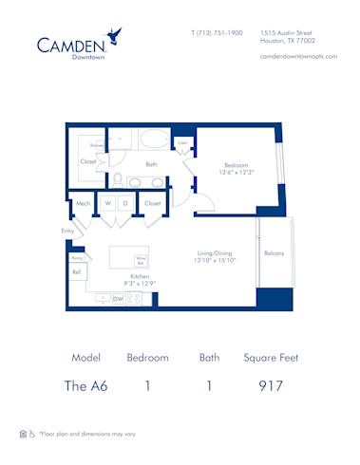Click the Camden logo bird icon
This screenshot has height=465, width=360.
pos(115,37)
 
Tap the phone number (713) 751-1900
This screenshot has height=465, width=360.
pos(217,32)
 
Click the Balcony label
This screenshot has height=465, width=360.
pos(275,253)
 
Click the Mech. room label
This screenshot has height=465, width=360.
pos(83,204)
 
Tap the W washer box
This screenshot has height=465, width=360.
pos(108,203)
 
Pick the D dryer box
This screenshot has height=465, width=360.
pos(126,203)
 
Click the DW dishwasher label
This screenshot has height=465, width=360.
pos(118,299)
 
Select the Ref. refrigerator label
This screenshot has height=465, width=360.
pos(78,272)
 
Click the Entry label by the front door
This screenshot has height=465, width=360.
pos(67,230)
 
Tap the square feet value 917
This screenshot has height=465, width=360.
pos(271,386)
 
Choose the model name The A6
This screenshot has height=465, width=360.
pos(86,386)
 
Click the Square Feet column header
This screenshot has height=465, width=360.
pos(271,358)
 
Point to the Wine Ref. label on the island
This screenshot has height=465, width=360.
pos(141,259)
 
